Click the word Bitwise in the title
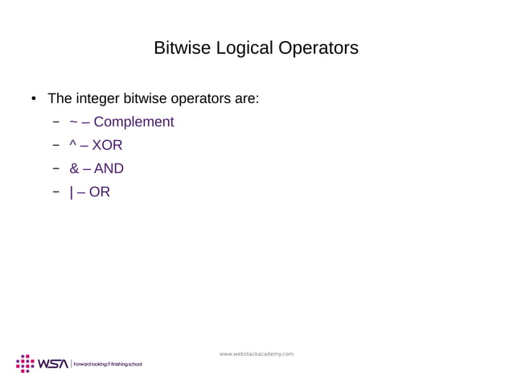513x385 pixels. tap(181, 48)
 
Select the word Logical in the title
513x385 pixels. tap(240, 48)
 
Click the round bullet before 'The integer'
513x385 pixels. tap(33, 101)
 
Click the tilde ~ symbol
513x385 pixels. tap(74, 122)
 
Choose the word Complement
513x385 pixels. tap(133, 122)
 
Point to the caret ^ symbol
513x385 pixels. tap(74, 145)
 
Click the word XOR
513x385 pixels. tap(107, 146)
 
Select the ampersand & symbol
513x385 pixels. tap(75, 169)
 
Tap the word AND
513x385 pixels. tap(109, 169)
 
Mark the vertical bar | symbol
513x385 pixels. tap(72, 192)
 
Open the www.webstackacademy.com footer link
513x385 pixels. tap(256, 354)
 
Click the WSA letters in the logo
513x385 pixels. tap(54, 364)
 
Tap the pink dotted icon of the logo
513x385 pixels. tap(25, 363)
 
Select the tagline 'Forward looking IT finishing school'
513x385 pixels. tap(108, 364)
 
